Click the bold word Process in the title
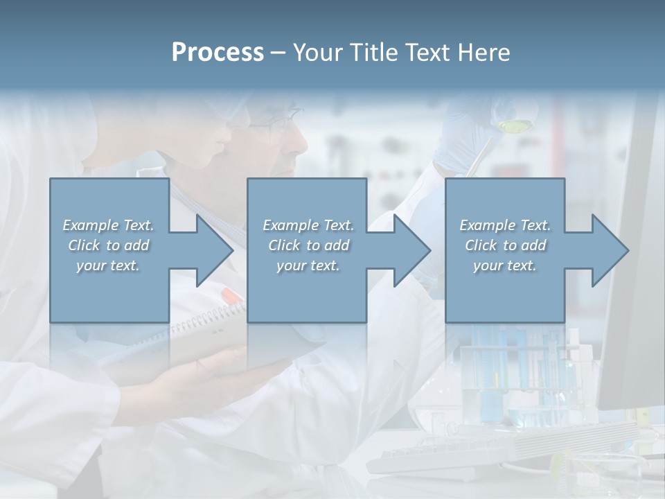tap(218, 53)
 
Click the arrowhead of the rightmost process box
tap(610, 250)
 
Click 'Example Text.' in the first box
tap(109, 225)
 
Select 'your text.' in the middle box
tap(308, 265)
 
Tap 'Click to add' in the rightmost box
tap(506, 245)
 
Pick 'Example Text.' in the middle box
tap(308, 225)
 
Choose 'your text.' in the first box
tap(108, 265)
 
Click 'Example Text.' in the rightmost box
tap(505, 225)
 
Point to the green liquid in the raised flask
tap(513, 126)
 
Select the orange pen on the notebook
tap(232, 295)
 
